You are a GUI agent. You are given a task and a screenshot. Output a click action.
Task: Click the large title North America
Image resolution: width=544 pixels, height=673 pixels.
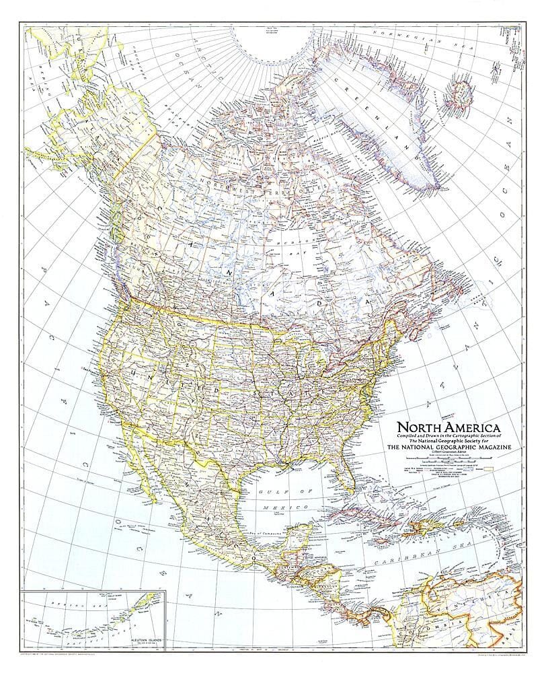tap(449, 427)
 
